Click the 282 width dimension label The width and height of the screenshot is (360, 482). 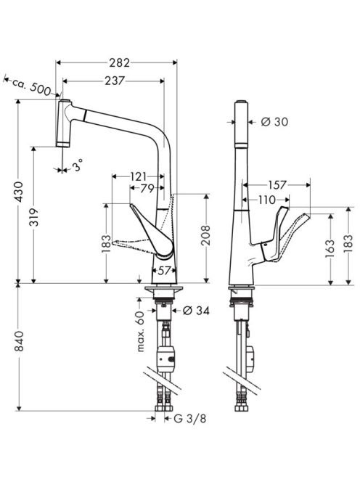pos(119,62)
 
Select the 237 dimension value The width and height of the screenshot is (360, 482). pos(115,81)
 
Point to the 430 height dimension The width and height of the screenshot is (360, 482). pos(19,192)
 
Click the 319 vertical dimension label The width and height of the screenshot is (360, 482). pos(34,217)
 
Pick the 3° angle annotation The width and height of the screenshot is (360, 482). pos(77,166)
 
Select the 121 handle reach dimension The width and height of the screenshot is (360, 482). pos(139,176)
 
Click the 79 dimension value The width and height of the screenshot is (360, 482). pos(147,188)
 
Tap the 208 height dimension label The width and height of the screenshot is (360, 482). pos(205,235)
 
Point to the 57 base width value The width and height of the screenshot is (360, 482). pos(165,271)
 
